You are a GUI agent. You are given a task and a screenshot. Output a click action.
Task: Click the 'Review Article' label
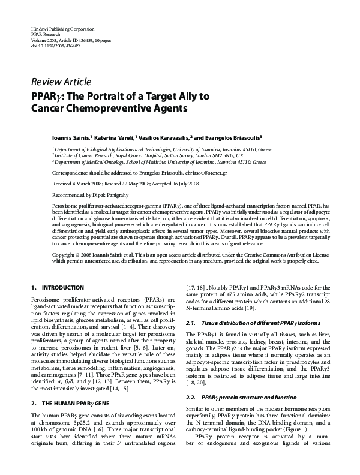tap(61, 82)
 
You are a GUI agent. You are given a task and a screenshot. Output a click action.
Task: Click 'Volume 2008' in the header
tap(45, 40)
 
